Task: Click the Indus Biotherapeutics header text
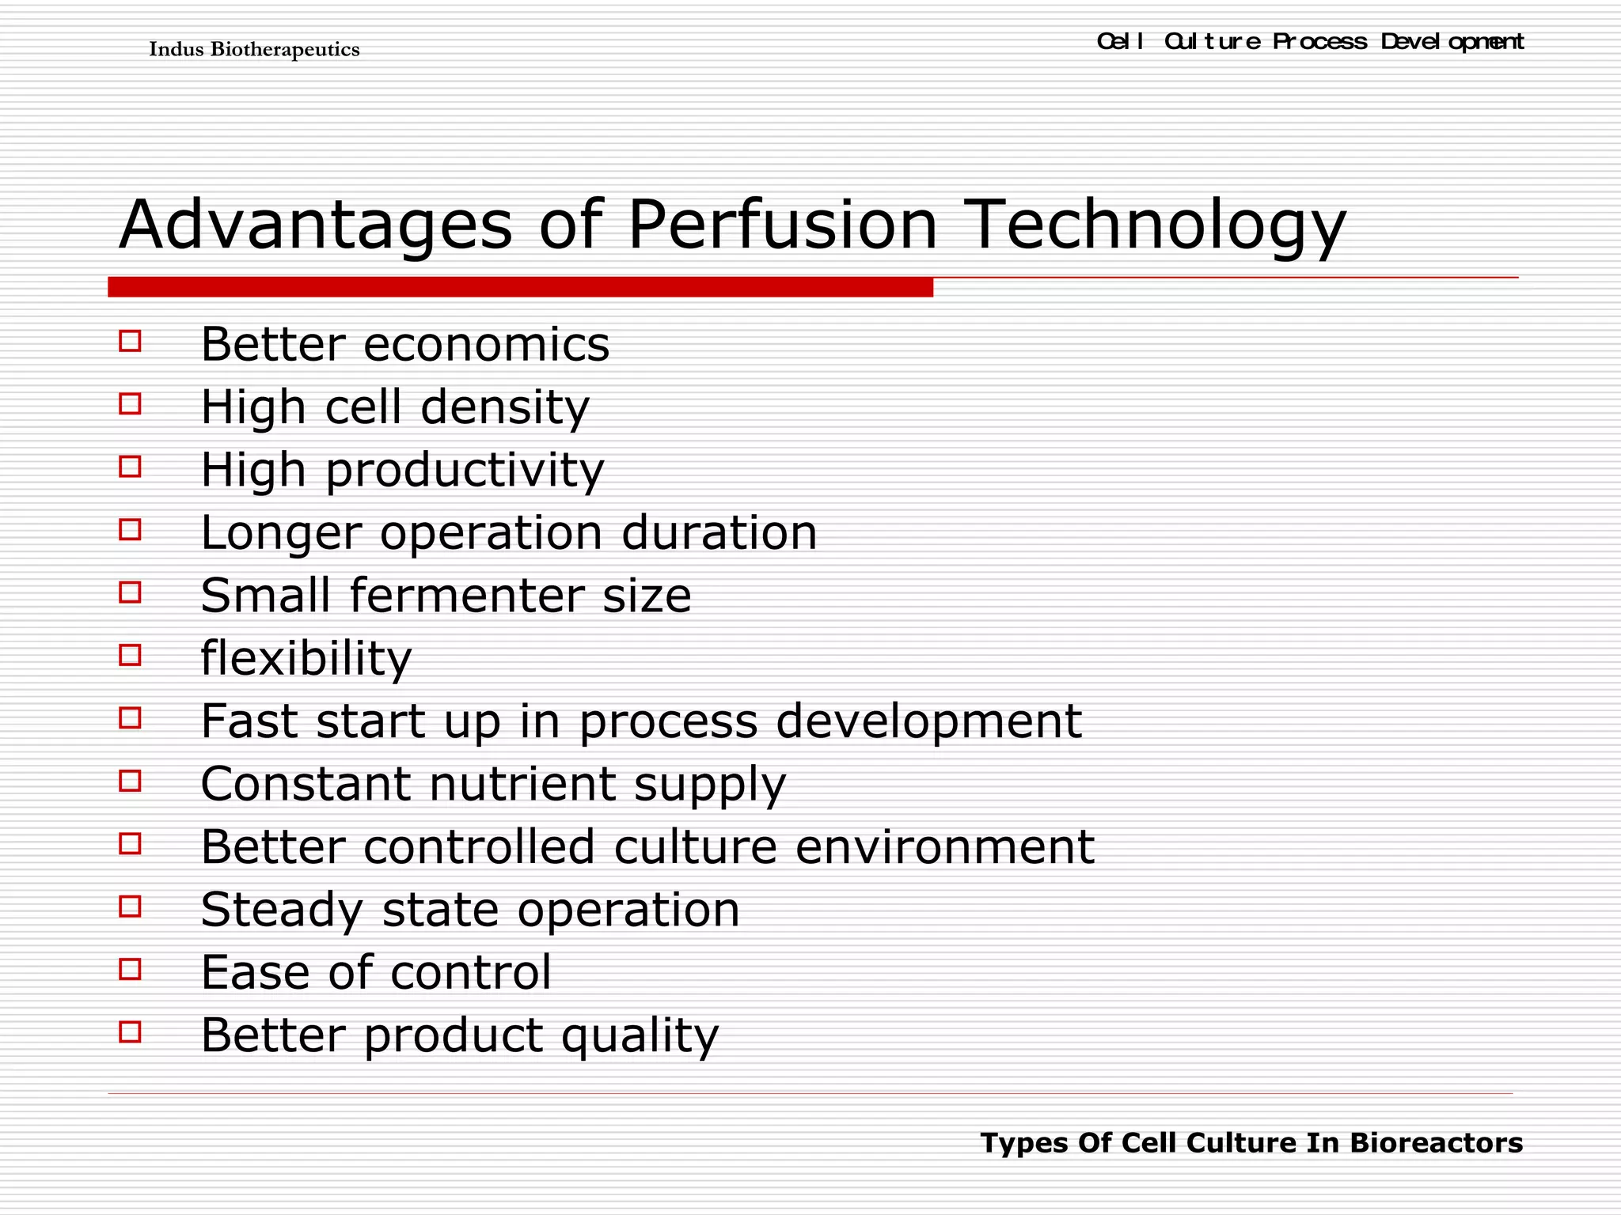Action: (254, 50)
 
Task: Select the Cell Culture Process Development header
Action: (1310, 41)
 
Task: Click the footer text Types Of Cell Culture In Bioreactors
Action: (1251, 1143)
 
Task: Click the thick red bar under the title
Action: (520, 287)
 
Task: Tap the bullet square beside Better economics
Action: (130, 342)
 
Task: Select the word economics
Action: (486, 345)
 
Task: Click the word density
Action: (504, 409)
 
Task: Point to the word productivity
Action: (465, 471)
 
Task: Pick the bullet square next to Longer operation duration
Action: (130, 529)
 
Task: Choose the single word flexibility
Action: (306, 659)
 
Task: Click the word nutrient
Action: (522, 785)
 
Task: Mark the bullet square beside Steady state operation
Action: (130, 907)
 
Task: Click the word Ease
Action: (255, 972)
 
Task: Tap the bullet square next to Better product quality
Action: (130, 1031)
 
